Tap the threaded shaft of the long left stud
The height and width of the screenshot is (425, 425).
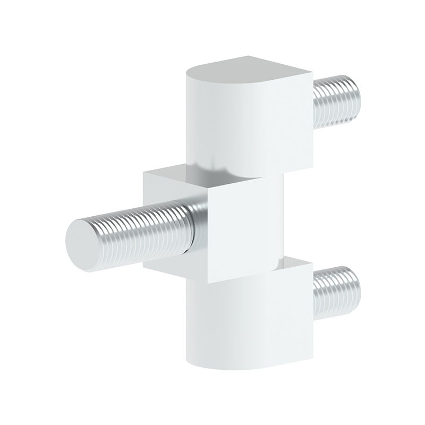point(143,225)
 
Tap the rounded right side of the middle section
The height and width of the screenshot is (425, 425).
point(279,218)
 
